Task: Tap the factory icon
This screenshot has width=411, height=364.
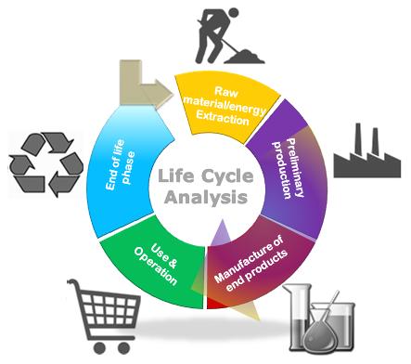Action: [367, 151]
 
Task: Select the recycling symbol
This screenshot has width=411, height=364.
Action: [45, 164]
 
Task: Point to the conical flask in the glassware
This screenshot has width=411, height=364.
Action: [318, 334]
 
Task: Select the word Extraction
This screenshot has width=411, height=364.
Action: [223, 118]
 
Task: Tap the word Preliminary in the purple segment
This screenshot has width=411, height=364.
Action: [295, 167]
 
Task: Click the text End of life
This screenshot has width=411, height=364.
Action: [115, 164]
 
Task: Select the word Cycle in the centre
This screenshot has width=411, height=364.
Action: [227, 176]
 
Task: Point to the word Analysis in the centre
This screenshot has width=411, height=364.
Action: [206, 197]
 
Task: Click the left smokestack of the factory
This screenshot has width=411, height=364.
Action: [359, 138]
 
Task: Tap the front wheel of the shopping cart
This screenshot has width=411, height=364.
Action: [123, 348]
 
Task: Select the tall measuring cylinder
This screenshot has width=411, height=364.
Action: [301, 316]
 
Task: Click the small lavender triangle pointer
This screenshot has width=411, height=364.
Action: [222, 231]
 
